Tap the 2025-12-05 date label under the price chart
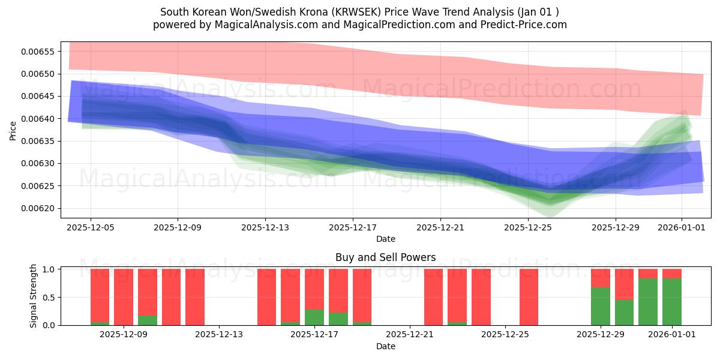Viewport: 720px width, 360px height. pos(91,227)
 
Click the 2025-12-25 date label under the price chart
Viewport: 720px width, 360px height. pos(527,227)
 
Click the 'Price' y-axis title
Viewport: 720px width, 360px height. pos(13,130)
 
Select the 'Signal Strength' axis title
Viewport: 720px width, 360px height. pos(34,296)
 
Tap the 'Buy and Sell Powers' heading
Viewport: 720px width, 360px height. pos(385,257)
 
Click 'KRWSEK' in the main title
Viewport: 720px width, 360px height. pos(352,12)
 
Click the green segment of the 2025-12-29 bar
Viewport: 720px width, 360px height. pos(601,306)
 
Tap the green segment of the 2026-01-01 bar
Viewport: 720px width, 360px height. pos(672,301)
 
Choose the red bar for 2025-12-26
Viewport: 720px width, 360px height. pos(529,297)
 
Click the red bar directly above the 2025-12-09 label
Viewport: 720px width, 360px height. pos(124,297)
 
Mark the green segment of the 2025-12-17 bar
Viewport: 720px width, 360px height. pos(314,317)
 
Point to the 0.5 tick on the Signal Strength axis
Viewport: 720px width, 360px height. pos(50,297)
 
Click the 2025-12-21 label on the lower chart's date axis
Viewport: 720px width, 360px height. pos(409,334)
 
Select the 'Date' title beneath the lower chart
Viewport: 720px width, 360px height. pos(385,346)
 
